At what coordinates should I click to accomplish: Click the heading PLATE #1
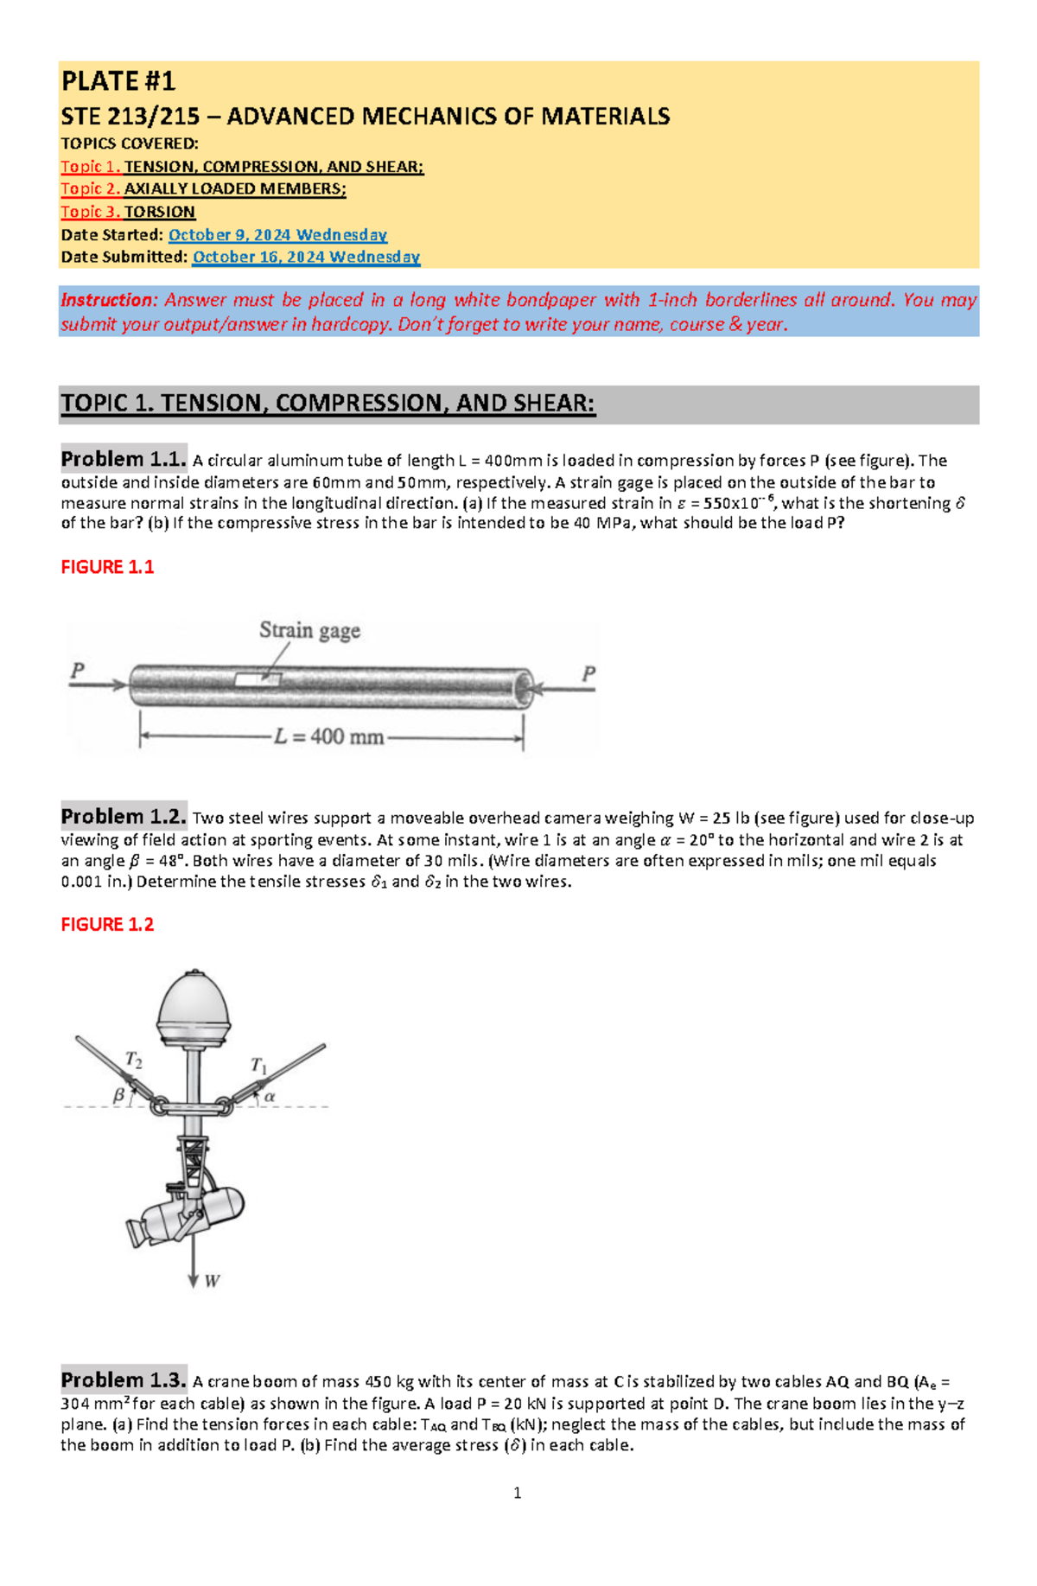[118, 81]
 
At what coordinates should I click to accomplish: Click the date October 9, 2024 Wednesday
[277, 235]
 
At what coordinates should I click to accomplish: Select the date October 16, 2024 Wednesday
[306, 257]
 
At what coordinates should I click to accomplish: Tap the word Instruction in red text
[108, 300]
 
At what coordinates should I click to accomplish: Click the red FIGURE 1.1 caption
[107, 567]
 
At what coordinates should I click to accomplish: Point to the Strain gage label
[309, 631]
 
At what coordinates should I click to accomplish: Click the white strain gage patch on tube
[258, 679]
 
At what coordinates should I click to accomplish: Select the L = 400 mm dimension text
[329, 737]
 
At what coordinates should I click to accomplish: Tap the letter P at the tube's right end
[588, 673]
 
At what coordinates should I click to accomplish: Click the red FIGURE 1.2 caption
[107, 925]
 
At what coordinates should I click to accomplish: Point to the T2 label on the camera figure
[134, 1060]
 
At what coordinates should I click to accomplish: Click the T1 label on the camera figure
[258, 1065]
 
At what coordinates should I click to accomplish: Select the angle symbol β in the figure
[119, 1095]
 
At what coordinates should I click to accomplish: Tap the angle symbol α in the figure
[270, 1097]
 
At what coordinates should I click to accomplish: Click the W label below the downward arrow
[212, 1281]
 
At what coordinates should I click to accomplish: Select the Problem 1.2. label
[124, 817]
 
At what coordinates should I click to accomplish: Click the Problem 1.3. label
[124, 1380]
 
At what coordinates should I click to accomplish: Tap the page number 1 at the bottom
[517, 1493]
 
